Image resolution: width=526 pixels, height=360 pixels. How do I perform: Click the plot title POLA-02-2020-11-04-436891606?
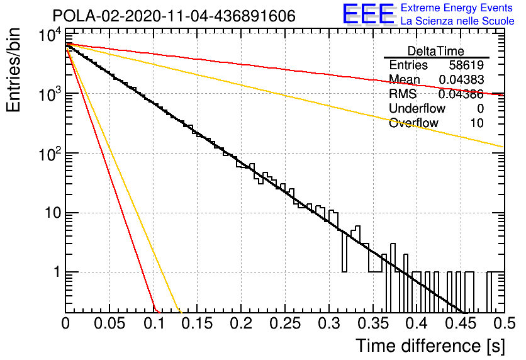point(174,16)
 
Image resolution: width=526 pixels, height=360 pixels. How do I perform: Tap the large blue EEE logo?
point(368,14)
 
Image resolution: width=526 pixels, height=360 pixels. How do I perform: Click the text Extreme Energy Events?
point(457,8)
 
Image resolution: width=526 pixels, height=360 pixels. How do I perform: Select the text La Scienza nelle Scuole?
point(457,21)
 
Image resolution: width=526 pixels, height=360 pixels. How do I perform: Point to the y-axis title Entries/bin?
point(13,70)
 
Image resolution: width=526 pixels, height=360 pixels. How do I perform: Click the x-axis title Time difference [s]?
point(430,346)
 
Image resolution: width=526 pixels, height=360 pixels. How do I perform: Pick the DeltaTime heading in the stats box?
point(436,51)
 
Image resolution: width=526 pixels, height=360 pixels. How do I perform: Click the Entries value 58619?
point(466,65)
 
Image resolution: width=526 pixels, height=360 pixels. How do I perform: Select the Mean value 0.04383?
point(461,80)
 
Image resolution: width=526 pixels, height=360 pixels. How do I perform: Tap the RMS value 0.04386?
point(461,94)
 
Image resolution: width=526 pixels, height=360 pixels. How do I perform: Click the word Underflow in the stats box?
point(417,108)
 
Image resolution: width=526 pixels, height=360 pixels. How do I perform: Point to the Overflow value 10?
point(477,123)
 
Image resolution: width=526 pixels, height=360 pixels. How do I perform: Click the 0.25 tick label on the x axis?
point(285,323)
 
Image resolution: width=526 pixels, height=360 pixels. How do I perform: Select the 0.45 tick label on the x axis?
point(461,323)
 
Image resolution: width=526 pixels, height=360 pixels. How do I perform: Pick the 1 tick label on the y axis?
point(57,272)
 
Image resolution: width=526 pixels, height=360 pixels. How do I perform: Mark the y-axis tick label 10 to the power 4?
point(50,35)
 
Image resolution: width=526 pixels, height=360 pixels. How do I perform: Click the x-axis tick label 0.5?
point(505,323)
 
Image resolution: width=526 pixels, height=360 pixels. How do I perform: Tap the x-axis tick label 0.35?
point(373,323)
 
